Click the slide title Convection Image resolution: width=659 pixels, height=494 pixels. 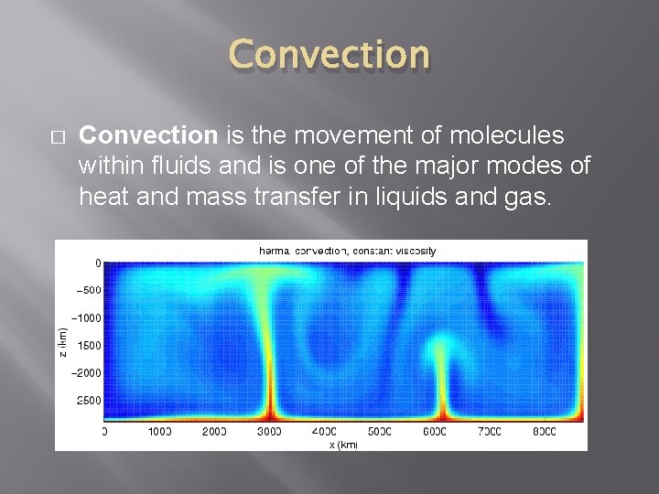(329, 56)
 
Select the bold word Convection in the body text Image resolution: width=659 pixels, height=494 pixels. (148, 136)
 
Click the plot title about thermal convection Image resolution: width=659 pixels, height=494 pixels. (347, 250)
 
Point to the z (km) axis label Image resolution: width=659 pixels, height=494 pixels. (62, 344)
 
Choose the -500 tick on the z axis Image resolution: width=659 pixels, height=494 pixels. (88, 291)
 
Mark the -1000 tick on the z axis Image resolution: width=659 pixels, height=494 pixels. (86, 318)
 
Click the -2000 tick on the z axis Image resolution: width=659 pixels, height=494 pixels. (86, 373)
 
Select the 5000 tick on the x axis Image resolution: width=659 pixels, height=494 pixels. (380, 431)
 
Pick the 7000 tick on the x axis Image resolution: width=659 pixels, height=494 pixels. (491, 431)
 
